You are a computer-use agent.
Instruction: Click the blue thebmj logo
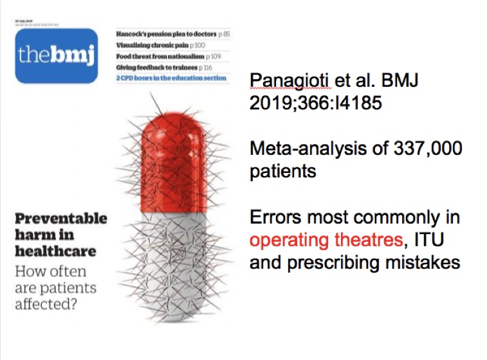pos(57,55)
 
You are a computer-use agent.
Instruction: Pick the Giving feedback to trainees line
pos(164,67)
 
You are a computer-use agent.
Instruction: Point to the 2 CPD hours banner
pos(170,78)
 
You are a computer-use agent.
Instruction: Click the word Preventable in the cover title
pos(60,218)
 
